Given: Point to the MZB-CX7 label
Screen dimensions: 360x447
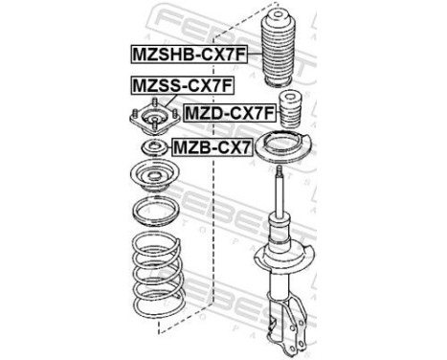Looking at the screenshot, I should click(210, 146).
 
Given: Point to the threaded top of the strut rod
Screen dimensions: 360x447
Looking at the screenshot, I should click(279, 171).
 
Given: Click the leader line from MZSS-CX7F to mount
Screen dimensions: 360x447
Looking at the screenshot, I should click(153, 103).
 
